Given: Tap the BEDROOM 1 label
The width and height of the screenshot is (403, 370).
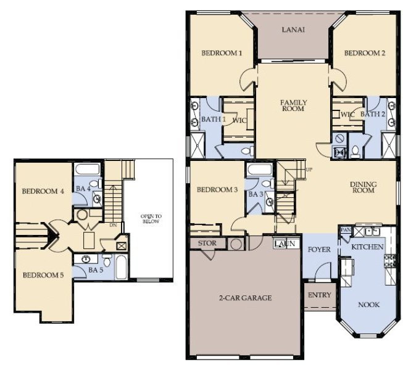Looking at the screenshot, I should (x=222, y=54).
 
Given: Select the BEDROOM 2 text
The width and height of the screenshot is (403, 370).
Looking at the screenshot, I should (x=365, y=54).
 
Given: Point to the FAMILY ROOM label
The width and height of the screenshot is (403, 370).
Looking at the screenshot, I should (x=294, y=106).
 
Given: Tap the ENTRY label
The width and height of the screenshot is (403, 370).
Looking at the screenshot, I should (x=319, y=295).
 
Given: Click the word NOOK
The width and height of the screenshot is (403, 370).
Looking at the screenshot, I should (x=369, y=305).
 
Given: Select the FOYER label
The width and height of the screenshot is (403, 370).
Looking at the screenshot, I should (x=319, y=250).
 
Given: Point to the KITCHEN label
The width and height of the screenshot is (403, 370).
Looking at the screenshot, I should (x=368, y=247).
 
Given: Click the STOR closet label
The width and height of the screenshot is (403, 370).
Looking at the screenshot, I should (x=207, y=243).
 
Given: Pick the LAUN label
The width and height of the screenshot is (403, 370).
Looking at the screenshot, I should (x=284, y=244).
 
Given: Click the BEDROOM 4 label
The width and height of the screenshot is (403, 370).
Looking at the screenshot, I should (x=43, y=191).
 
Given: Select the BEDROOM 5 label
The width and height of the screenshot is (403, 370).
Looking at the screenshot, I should (x=43, y=274).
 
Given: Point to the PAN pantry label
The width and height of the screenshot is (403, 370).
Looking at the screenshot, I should (x=345, y=229).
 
